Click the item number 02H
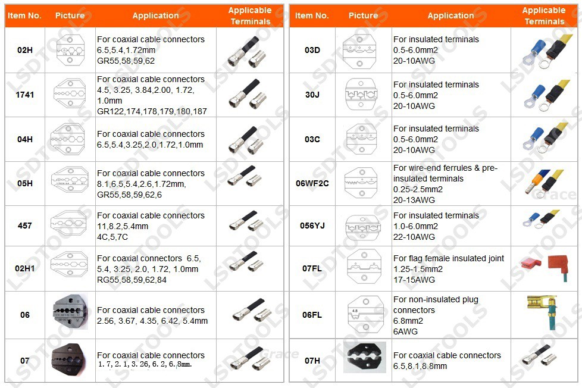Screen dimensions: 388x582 [24, 50]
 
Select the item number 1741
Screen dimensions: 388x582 [24, 95]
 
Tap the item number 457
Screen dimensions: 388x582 [24, 226]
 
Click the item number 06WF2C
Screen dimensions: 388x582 [312, 183]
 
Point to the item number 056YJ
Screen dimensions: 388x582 [312, 226]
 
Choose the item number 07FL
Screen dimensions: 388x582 [312, 268]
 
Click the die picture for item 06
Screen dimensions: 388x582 [71, 314]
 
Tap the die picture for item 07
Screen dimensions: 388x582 [71, 361]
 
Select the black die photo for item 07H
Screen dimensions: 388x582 [364, 358]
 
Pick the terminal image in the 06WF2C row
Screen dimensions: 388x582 [542, 183]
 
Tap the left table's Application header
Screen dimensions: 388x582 [155, 15]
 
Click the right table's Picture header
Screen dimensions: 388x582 [363, 15]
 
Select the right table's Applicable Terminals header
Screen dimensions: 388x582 [544, 15]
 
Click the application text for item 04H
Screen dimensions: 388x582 [150, 139]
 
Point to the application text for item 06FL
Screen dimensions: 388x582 [436, 315]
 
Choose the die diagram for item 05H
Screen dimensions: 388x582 [71, 183]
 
